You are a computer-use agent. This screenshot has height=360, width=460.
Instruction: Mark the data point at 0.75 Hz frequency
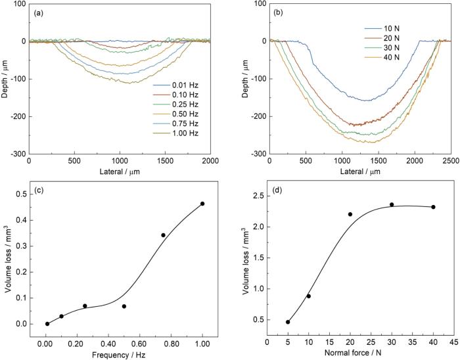click(x=163, y=235)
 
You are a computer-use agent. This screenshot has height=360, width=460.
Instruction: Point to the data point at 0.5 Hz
click(x=124, y=306)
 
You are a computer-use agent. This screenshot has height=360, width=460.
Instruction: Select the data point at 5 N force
click(x=288, y=322)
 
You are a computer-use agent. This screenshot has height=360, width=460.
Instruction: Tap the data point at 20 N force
click(x=350, y=214)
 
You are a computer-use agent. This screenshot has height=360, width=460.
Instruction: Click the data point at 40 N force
click(x=433, y=207)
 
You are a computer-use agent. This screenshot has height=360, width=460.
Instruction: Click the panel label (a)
click(x=41, y=12)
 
